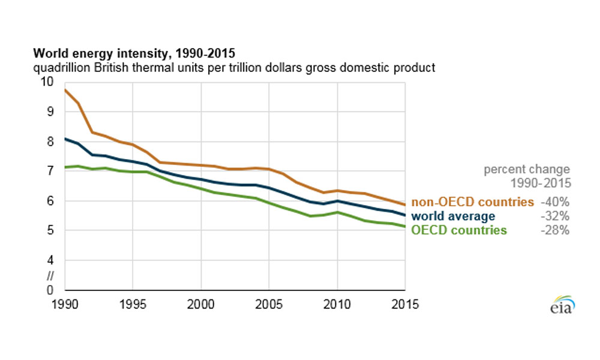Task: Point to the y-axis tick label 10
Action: [47, 82]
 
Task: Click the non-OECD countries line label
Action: [472, 202]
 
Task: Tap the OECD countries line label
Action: [459, 230]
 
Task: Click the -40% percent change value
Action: [555, 202]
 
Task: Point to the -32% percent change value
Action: [555, 216]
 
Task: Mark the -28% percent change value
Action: [555, 230]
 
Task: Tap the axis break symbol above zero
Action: [50, 276]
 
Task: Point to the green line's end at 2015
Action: [405, 227]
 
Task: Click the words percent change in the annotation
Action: [527, 170]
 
